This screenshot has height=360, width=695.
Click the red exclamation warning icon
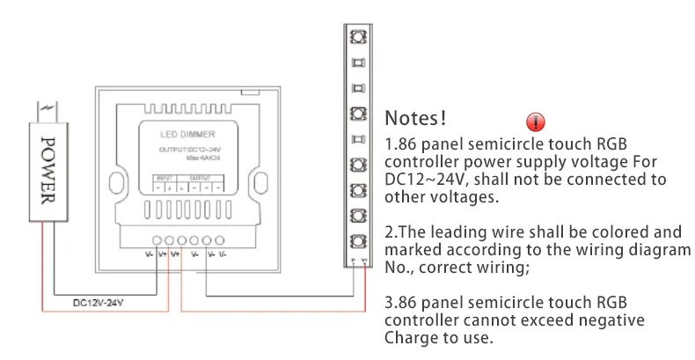(535, 122)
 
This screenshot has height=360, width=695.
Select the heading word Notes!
(416, 117)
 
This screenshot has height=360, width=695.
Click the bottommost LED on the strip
(357, 241)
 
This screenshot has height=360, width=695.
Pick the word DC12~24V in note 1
(421, 180)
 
